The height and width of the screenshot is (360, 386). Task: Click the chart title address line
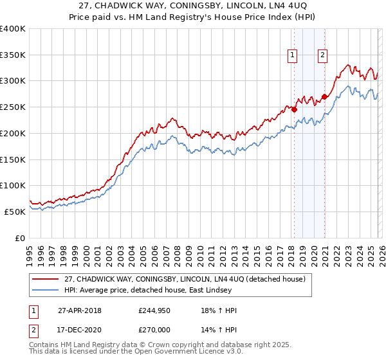click(192, 6)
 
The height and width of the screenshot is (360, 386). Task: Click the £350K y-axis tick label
click(13, 55)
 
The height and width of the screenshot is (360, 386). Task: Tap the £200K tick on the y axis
click(13, 133)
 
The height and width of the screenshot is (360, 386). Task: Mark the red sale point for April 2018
click(294, 109)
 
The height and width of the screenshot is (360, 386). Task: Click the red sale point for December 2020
click(324, 96)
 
